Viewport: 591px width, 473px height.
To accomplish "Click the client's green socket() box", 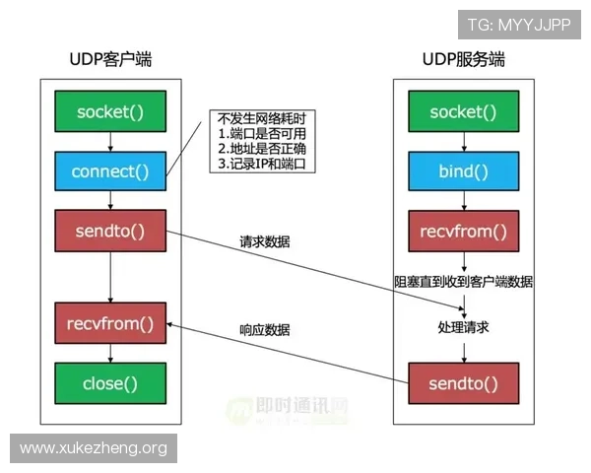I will point(110,112).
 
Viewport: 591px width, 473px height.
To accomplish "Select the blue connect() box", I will point(110,171).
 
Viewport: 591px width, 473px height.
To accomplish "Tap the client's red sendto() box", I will point(110,232).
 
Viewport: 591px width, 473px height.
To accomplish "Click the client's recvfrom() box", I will point(110,323).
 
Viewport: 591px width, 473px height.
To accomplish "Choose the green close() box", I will point(110,383).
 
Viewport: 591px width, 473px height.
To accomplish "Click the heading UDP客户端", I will point(110,61).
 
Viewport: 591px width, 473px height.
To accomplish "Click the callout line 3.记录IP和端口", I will point(264,164).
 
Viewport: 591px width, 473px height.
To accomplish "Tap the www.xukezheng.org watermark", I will point(94,448).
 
